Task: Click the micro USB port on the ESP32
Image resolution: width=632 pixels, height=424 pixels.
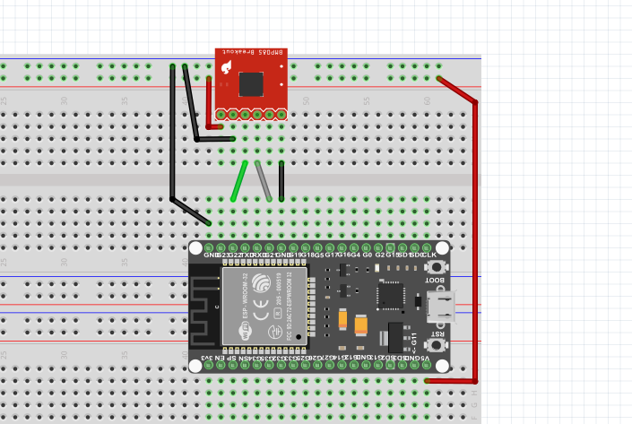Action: [x=440, y=307]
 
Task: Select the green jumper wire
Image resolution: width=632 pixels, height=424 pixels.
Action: [x=238, y=181]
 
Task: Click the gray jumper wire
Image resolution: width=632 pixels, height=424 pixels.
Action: [x=263, y=181]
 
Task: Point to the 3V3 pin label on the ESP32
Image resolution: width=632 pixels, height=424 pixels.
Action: [x=207, y=359]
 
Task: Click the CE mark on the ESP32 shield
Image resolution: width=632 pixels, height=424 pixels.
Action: [x=260, y=313]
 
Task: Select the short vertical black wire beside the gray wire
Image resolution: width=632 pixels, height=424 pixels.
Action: [x=281, y=181]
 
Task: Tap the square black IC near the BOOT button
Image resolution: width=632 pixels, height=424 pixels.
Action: [x=391, y=295]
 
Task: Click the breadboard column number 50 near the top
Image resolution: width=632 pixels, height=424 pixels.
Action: [x=306, y=100]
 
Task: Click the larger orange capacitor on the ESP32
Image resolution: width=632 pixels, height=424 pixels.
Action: [x=361, y=324]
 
